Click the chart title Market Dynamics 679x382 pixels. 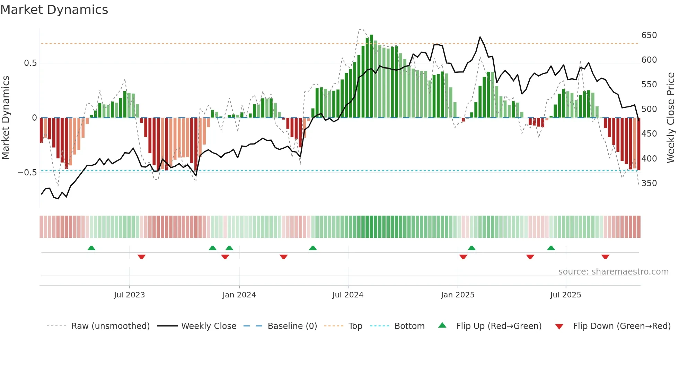(x=54, y=10)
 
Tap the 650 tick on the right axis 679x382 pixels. (x=649, y=35)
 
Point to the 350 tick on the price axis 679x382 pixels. (x=649, y=183)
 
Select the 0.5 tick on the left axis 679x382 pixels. (x=30, y=63)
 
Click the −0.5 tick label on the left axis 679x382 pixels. (x=27, y=173)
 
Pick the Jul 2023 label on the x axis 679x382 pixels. (x=129, y=295)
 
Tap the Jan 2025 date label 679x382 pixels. (x=457, y=295)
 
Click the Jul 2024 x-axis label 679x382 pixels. (x=347, y=295)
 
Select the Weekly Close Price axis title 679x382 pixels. (x=671, y=118)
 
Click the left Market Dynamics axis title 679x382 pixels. (x=6, y=118)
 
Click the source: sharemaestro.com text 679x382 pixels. (x=613, y=272)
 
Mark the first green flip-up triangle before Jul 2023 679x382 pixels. (x=91, y=248)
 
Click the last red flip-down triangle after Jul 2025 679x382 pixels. (x=605, y=257)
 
